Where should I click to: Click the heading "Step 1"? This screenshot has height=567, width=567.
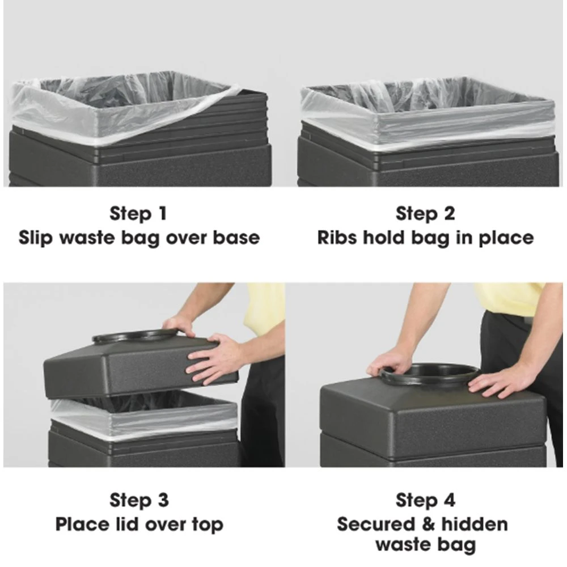coord(138,214)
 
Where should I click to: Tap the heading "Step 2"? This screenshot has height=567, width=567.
coord(425,214)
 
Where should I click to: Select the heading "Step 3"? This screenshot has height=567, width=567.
coord(139,501)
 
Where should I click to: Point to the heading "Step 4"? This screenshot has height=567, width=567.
coord(426,501)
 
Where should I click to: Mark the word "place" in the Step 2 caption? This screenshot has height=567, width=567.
coord(506,239)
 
